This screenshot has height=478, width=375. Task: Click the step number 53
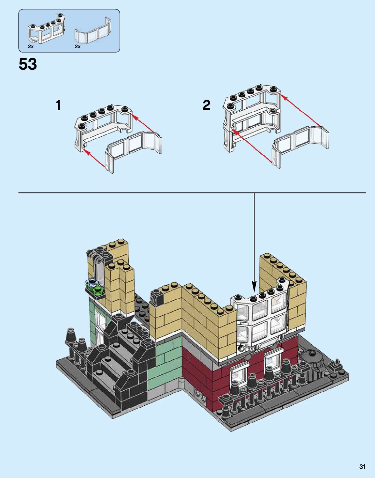tap(28, 64)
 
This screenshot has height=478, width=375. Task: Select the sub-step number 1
tap(58, 105)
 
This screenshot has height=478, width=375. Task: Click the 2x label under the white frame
tap(31, 47)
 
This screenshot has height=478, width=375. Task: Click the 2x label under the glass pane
tap(78, 47)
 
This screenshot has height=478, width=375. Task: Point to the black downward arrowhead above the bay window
tap(254, 288)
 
